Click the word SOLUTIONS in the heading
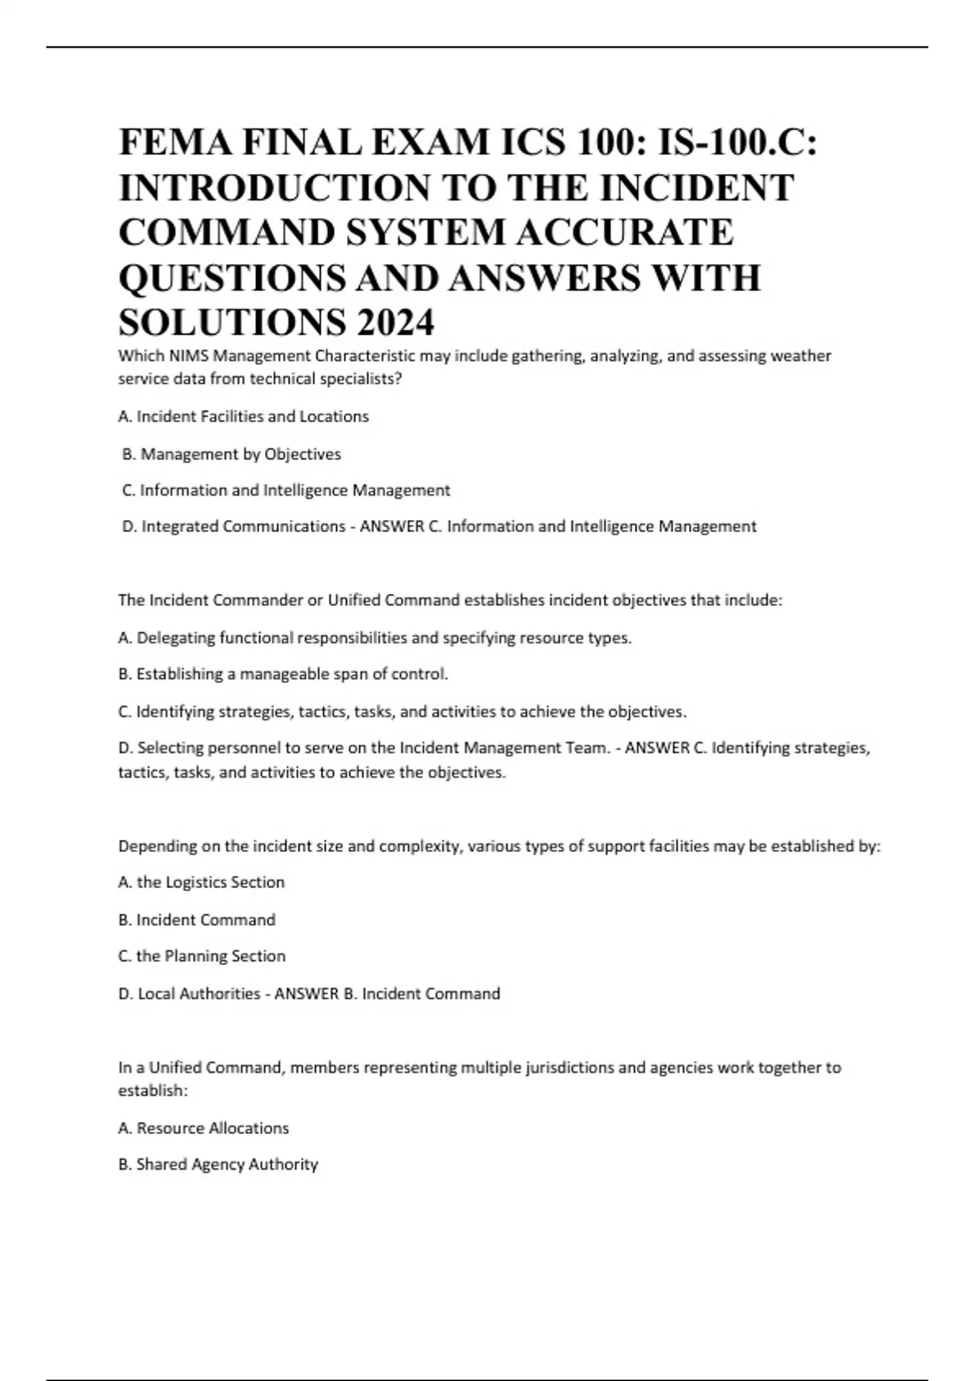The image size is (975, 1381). pos(231,323)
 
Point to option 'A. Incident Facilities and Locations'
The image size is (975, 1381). pos(244,417)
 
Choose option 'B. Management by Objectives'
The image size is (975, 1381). pos(232,454)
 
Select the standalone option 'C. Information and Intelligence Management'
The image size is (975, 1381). pos(286,491)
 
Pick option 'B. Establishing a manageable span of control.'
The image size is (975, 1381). pos(283,674)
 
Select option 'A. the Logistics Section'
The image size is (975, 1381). pos(201,882)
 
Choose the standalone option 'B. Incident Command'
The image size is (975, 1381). pos(197,920)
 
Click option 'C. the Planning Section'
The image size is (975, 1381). pos(201,956)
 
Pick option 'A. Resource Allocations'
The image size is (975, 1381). pos(204,1128)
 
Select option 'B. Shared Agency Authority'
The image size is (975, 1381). pos(218,1165)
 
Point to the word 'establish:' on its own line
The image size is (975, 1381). pos(153,1091)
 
